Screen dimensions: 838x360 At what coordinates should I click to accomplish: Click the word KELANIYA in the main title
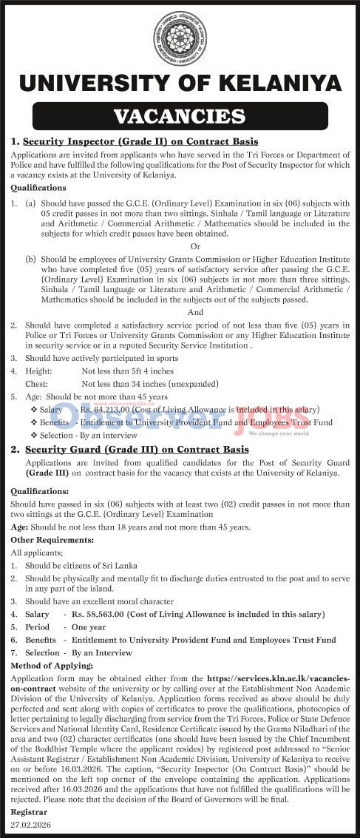pyautogui.click(x=276, y=84)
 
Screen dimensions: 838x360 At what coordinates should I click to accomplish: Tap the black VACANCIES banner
pyautogui.click(x=180, y=116)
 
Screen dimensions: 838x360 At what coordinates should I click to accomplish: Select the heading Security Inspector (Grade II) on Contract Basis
pyautogui.click(x=140, y=141)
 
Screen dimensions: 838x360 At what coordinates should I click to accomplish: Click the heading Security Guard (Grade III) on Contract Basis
pyautogui.click(x=137, y=449)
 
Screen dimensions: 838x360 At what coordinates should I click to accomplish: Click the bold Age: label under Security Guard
pyautogui.click(x=21, y=527)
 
